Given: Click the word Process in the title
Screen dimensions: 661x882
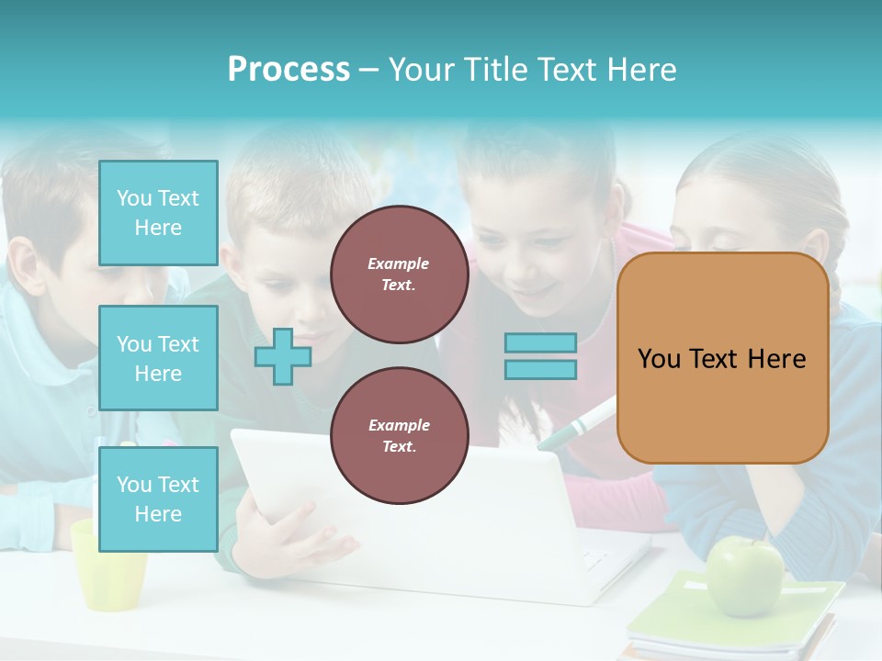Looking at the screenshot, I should point(288,70).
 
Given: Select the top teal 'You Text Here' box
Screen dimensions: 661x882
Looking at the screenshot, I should point(158,213).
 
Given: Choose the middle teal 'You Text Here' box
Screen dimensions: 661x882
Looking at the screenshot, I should point(158,358).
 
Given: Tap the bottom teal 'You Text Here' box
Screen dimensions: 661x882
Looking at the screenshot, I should point(158,499).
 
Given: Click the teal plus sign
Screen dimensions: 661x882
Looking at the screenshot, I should point(283,357).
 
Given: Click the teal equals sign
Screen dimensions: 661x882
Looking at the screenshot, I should point(540,356).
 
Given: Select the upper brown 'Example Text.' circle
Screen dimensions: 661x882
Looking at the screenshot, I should point(399,274).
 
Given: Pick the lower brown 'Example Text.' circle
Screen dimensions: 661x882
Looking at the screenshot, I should point(399,435).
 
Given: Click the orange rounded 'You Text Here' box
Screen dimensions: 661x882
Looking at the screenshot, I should point(722,358).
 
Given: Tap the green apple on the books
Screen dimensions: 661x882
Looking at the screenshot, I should point(744,577).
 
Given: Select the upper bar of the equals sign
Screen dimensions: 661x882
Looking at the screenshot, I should point(540,343).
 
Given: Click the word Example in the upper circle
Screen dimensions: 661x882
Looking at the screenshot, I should point(399,263).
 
